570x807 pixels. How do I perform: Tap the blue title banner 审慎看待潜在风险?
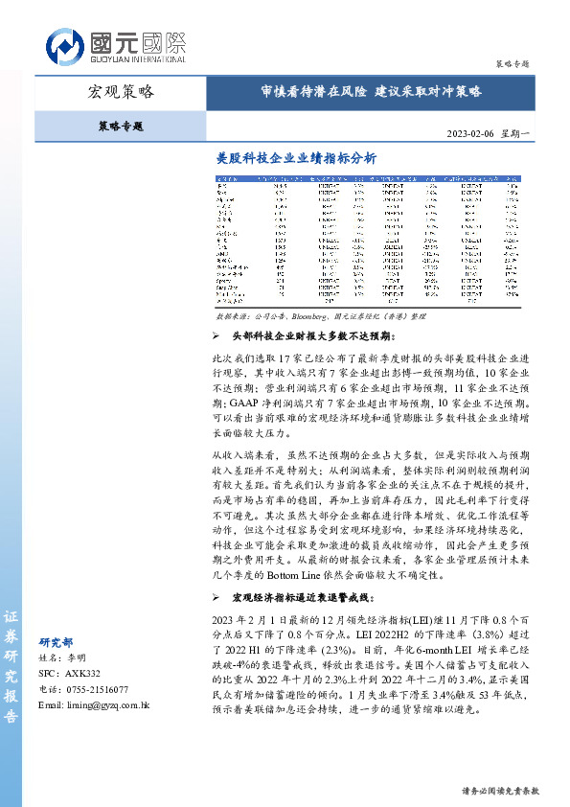tap(372, 92)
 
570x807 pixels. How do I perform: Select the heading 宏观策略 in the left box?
tap(121, 93)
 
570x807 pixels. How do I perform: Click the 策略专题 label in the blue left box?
tap(121, 125)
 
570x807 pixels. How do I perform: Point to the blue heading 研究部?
tap(55, 642)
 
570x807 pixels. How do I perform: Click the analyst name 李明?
tap(76, 658)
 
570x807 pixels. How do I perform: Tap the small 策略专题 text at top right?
tap(513, 62)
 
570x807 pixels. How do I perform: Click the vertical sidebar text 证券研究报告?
tap(11, 667)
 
